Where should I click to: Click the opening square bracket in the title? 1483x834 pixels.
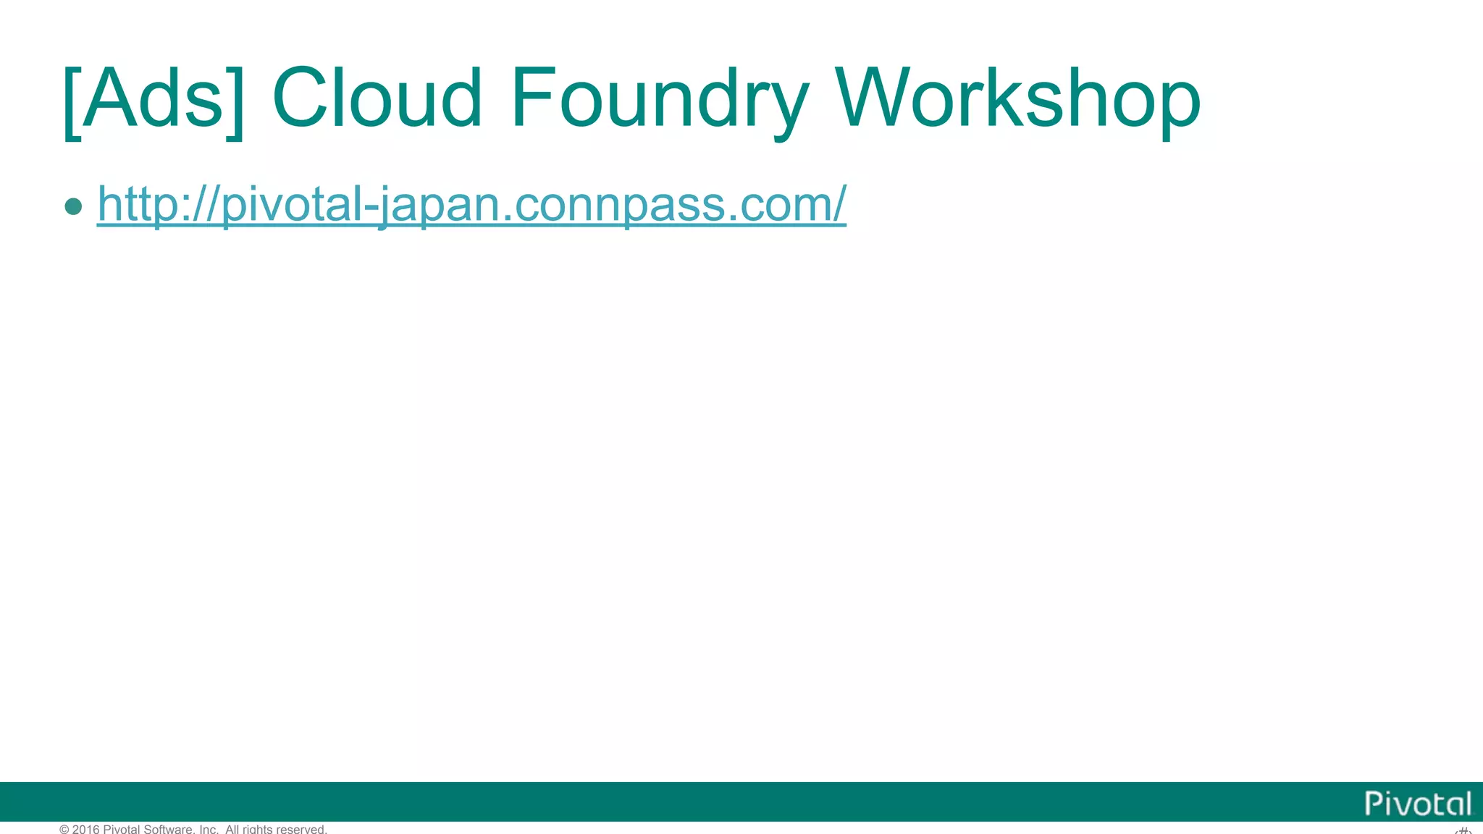coord(72,101)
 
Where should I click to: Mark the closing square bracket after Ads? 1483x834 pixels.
coord(235,101)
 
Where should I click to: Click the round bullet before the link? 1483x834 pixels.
coord(73,206)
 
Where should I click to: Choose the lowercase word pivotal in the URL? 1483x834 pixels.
coord(293,205)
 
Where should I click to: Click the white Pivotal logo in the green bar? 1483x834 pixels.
coord(1418,804)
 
